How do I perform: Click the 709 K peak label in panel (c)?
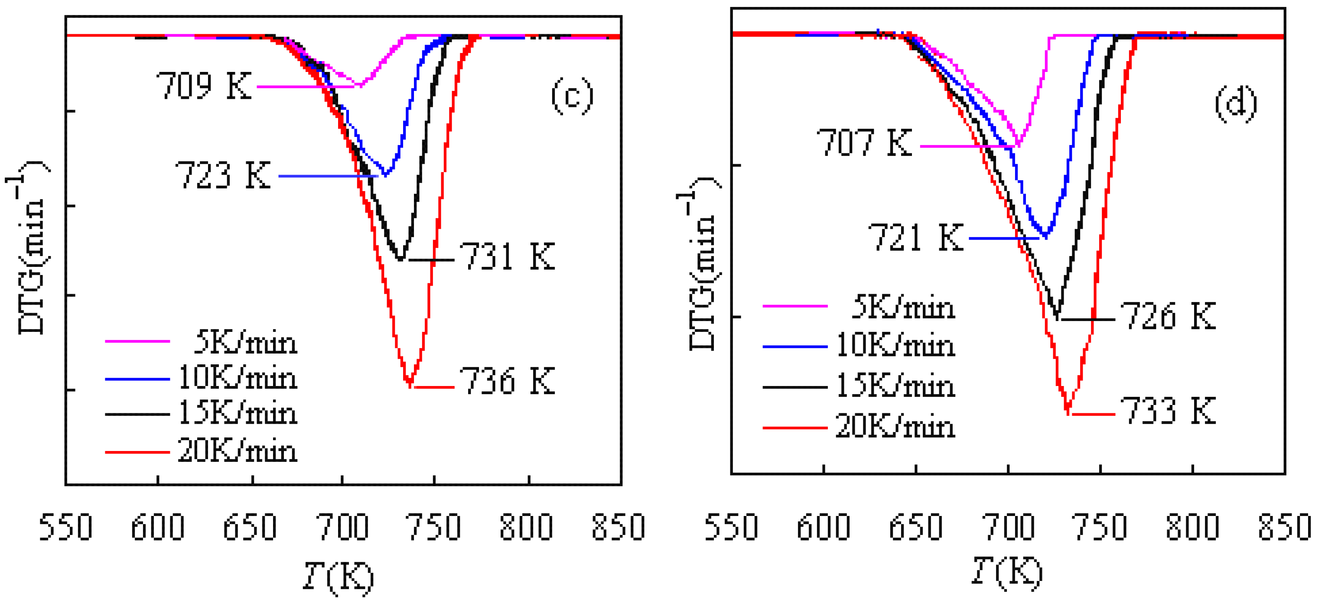[x=204, y=86]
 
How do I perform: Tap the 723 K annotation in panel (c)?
[x=223, y=176]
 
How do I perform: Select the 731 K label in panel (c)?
[x=507, y=256]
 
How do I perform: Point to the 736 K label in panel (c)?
[x=507, y=382]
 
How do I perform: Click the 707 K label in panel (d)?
[x=864, y=143]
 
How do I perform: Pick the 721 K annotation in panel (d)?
[x=915, y=237]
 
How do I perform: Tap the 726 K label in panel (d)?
[x=1168, y=316]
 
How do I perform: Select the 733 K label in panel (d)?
[x=1168, y=411]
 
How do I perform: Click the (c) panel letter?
[x=572, y=96]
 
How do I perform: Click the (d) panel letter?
[x=1236, y=104]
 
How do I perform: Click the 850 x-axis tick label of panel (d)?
[x=1284, y=528]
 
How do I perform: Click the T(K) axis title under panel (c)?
[x=338, y=576]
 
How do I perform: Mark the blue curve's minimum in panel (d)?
[x=1045, y=236]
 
